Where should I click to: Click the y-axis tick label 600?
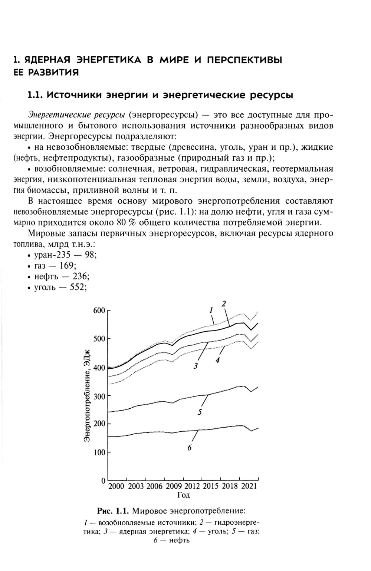pos(99,311)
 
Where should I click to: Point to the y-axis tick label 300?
pos(99,396)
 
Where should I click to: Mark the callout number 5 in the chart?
pos(200,412)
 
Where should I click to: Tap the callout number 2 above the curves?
pos(224,303)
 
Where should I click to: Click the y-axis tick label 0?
pos(104,481)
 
